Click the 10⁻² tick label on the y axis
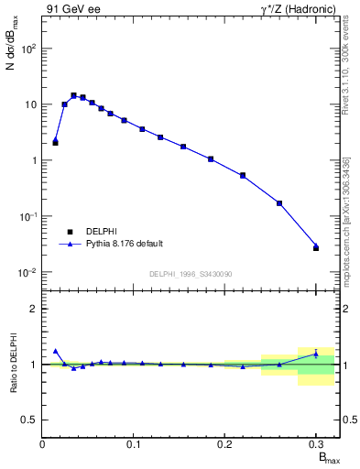click(28, 273)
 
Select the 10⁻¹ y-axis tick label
click(28, 217)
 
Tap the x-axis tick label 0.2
click(225, 444)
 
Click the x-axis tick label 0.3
click(316, 444)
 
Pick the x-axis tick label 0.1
click(134, 444)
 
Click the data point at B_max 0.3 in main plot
click(316, 248)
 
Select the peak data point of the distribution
click(73, 95)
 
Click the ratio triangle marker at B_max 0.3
click(316, 354)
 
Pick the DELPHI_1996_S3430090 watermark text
click(190, 274)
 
